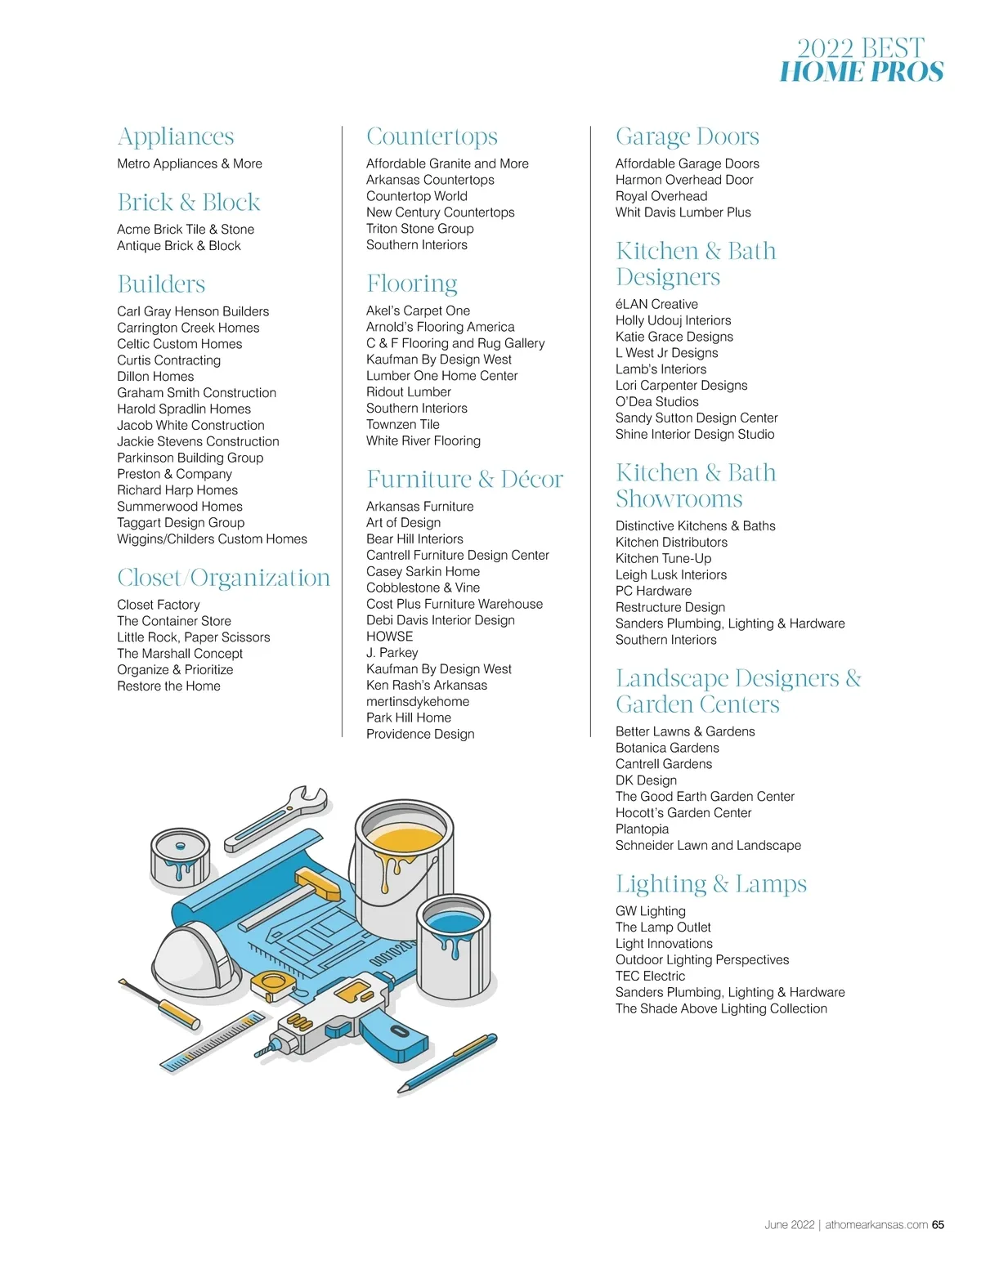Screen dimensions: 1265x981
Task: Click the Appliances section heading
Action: pos(176,136)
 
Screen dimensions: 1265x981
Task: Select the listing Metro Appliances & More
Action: pos(190,163)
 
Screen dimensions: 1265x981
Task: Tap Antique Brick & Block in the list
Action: pos(179,246)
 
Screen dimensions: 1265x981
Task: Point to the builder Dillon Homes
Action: pos(155,377)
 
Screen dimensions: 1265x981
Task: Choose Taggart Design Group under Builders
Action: pos(181,523)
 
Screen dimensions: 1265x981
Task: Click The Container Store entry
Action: pos(174,621)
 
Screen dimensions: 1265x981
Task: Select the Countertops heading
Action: pos(432,136)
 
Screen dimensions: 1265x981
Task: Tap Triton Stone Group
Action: pos(420,229)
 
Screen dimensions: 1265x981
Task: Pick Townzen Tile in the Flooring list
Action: pos(403,425)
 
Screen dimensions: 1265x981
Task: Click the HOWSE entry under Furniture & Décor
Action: pos(390,637)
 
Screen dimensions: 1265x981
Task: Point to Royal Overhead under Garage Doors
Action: pos(661,196)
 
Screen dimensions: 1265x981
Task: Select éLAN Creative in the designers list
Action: pos(656,304)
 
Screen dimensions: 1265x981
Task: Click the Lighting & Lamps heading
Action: pos(711,884)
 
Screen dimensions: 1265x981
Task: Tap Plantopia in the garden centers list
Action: pos(643,829)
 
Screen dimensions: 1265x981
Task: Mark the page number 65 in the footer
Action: pos(938,1225)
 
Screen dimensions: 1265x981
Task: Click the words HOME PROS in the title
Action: pos(862,72)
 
